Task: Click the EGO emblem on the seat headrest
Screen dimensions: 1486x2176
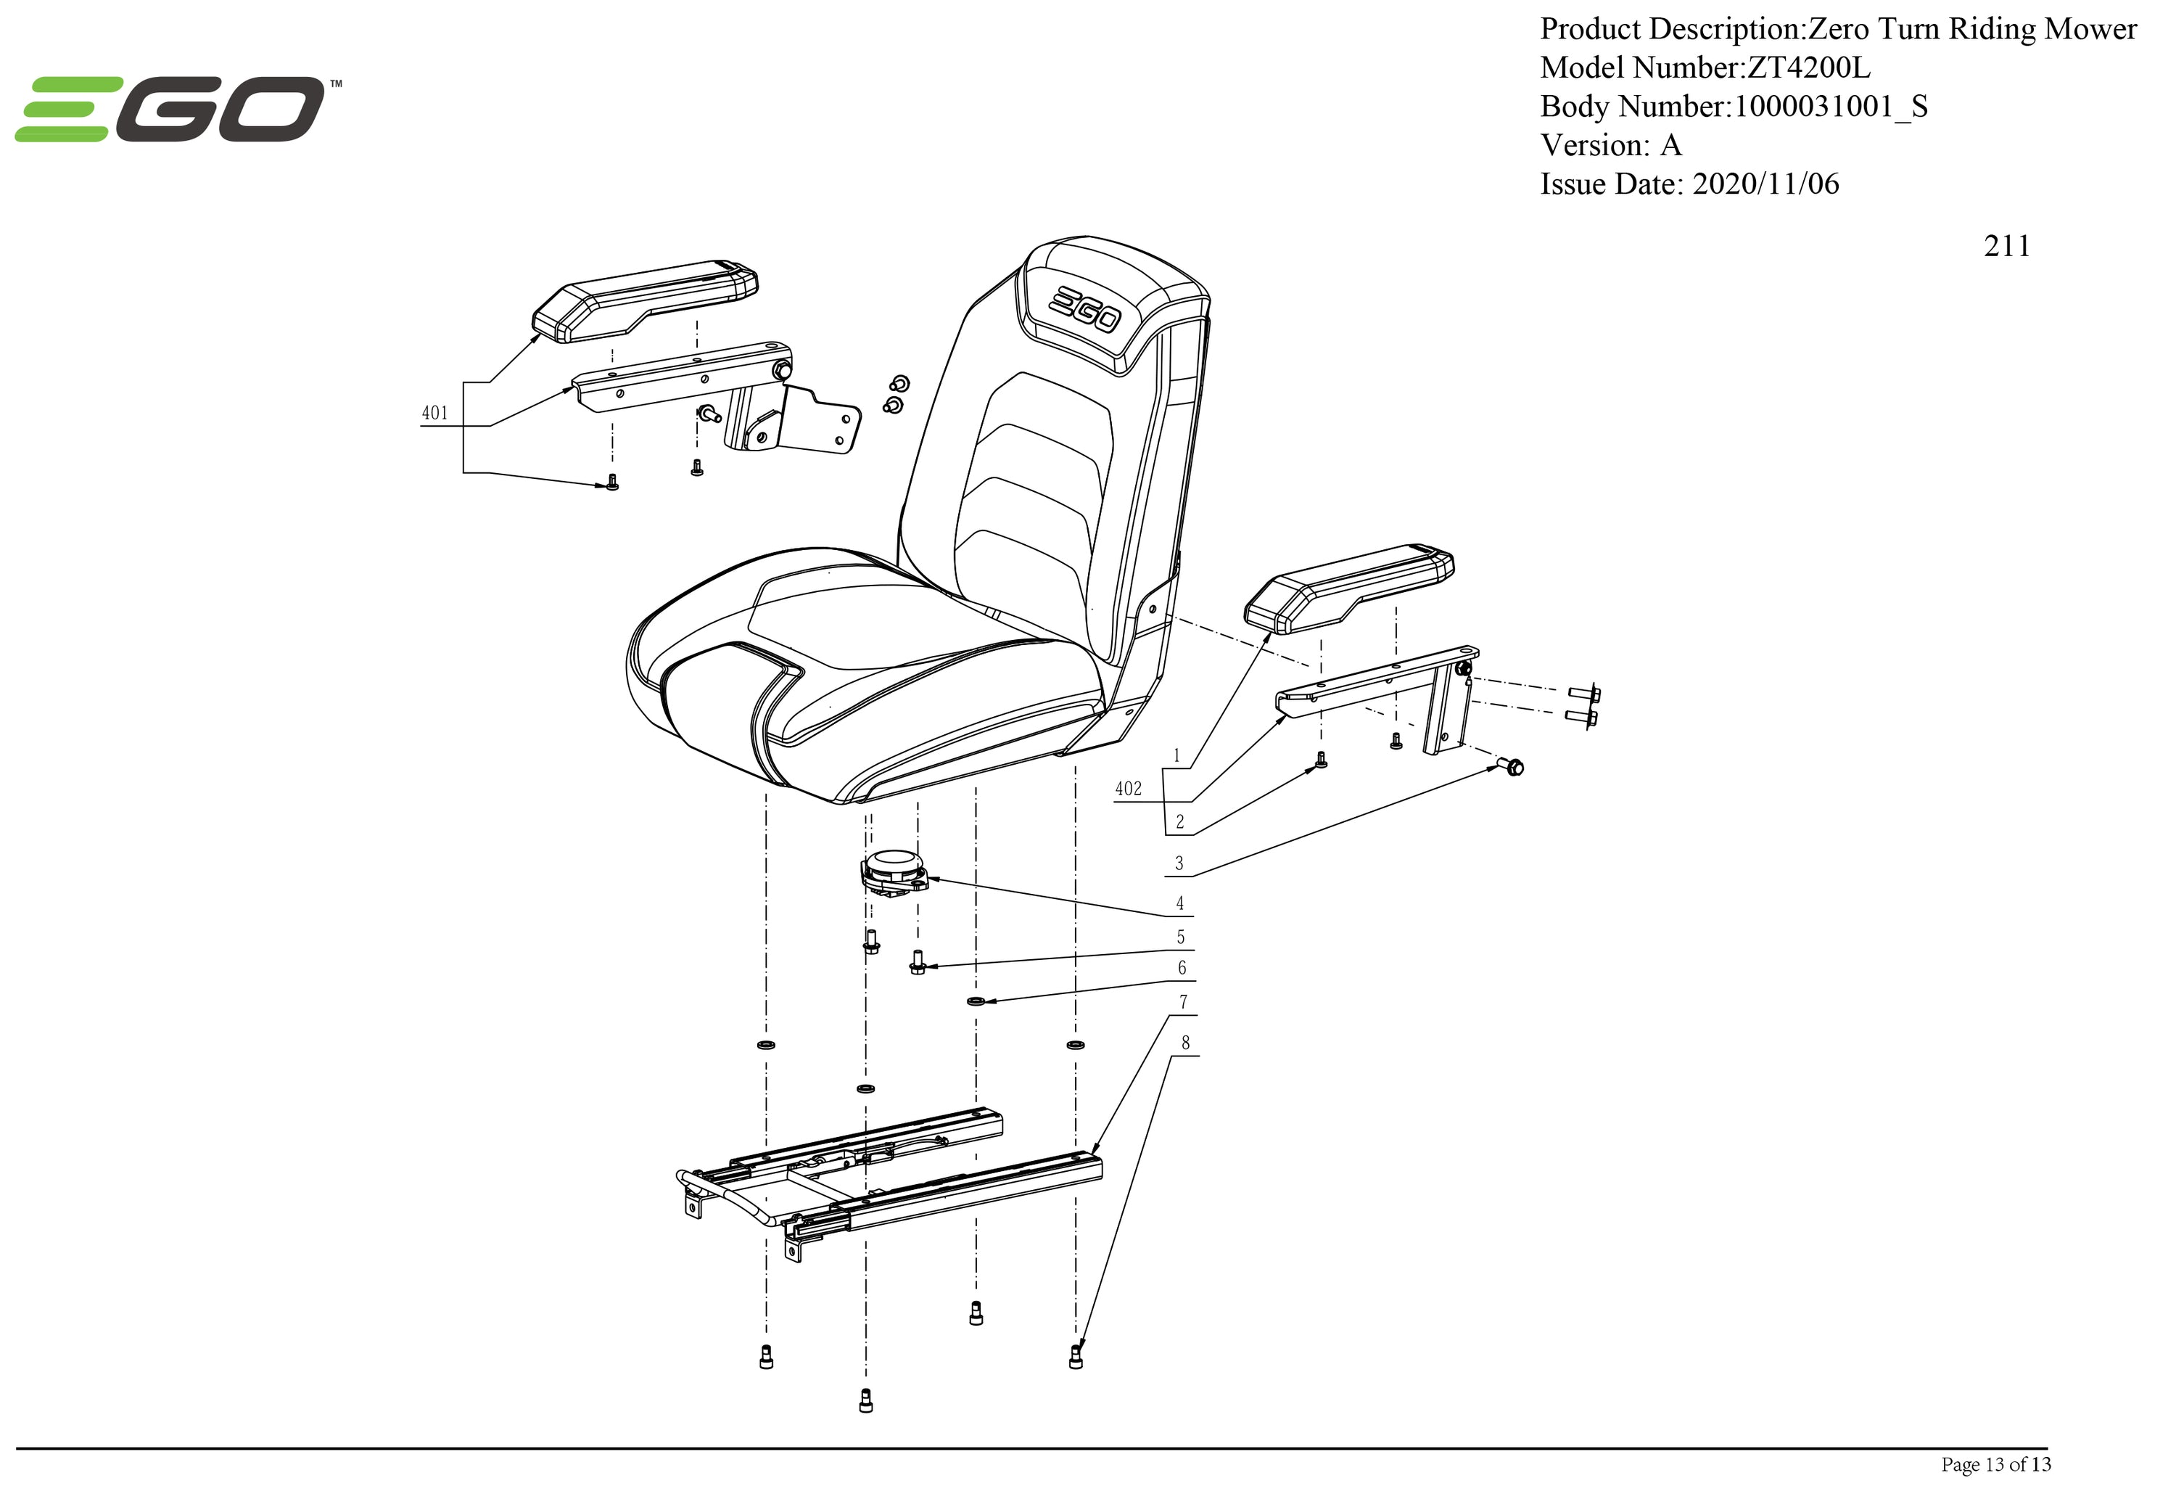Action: coord(1084,309)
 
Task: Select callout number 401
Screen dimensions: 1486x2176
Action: coord(434,413)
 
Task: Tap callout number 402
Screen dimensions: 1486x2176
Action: coord(1129,789)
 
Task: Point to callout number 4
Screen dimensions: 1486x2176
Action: coord(1180,903)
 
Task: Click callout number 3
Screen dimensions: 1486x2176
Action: coord(1179,863)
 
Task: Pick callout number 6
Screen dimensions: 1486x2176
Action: coord(1182,967)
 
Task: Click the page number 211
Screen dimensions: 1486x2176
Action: coord(2006,246)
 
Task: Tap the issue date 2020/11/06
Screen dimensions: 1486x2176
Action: coord(1765,184)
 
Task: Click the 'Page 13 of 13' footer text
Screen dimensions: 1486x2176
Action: coord(1995,1464)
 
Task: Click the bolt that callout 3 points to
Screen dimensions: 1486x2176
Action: coord(1511,767)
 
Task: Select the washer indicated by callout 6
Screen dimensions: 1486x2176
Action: coord(976,1001)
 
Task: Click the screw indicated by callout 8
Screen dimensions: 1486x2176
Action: coord(1075,1356)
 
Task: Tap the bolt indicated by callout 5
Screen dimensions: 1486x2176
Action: coord(917,961)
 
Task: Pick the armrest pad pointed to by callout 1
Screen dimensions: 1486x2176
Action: coord(1348,587)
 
